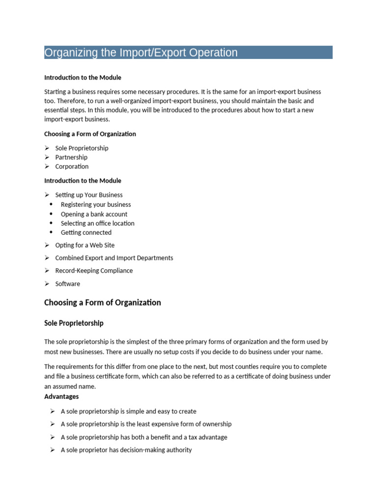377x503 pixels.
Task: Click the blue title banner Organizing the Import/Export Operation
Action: click(188, 53)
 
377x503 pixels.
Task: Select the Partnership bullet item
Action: click(71, 157)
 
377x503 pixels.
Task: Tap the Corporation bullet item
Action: click(72, 167)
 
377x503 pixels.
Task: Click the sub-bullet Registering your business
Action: click(96, 204)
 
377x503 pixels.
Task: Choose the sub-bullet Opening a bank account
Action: click(94, 214)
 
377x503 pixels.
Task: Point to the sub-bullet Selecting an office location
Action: click(97, 223)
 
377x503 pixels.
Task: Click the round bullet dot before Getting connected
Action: click(51, 232)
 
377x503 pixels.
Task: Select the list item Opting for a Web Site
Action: click(84, 245)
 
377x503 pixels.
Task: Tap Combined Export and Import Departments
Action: click(114, 258)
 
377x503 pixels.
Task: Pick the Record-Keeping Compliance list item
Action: click(94, 271)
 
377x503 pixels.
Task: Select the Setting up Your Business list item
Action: click(89, 195)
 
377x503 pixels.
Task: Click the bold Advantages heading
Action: click(61, 396)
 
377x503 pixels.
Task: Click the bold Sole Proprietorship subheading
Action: click(74, 323)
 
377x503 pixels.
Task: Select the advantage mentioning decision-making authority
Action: click(126, 450)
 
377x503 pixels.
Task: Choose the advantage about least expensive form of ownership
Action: click(146, 424)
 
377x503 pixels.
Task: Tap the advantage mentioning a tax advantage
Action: click(144, 437)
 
